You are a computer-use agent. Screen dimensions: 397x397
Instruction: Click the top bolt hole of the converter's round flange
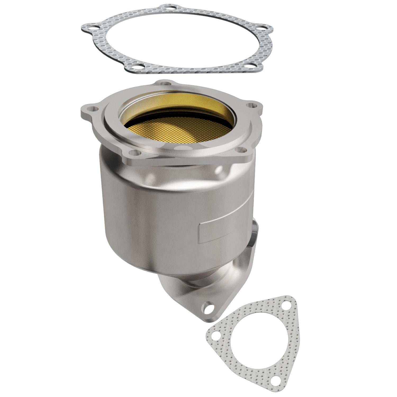point(166,84)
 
